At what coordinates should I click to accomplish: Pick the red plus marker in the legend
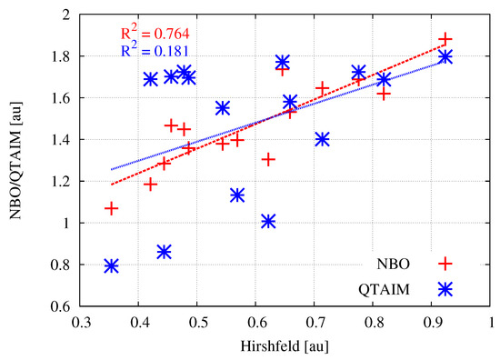445,264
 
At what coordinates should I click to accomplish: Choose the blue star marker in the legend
445,288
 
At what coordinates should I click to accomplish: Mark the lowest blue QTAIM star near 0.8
111,265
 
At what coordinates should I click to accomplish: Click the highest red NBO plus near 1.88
445,39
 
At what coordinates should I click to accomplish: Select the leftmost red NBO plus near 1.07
111,208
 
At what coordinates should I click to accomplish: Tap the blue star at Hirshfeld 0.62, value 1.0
268,221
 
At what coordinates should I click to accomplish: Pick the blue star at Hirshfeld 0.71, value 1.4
322,139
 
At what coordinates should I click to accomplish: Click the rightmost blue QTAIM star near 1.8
445,56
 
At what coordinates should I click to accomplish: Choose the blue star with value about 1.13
237,195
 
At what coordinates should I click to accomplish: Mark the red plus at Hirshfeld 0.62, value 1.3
268,159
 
